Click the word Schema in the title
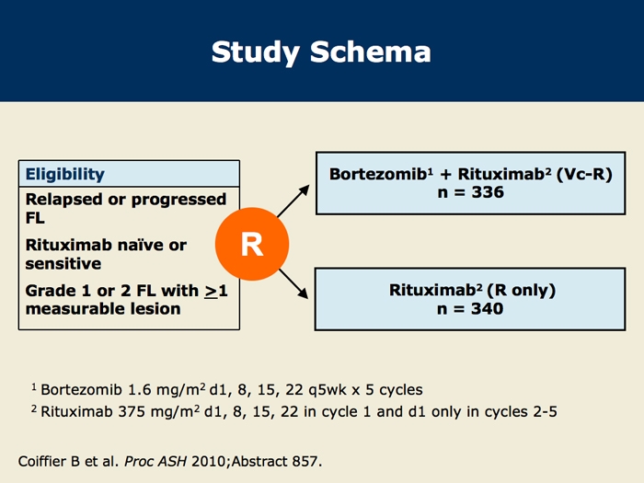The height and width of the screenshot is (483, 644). [371, 52]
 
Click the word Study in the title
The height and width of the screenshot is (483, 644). [256, 53]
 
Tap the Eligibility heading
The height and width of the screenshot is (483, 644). [65, 174]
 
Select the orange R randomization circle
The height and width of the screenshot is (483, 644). [252, 244]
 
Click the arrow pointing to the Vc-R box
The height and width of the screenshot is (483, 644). [293, 201]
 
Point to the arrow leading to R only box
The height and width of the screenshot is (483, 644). [293, 283]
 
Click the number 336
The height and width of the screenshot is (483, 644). [488, 192]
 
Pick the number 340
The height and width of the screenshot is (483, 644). [487, 308]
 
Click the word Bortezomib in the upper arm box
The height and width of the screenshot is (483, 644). [378, 174]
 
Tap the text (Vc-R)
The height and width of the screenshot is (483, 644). [584, 174]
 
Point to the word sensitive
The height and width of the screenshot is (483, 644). [63, 264]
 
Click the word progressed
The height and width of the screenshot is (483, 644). [178, 200]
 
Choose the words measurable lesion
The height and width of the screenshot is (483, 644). [103, 309]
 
